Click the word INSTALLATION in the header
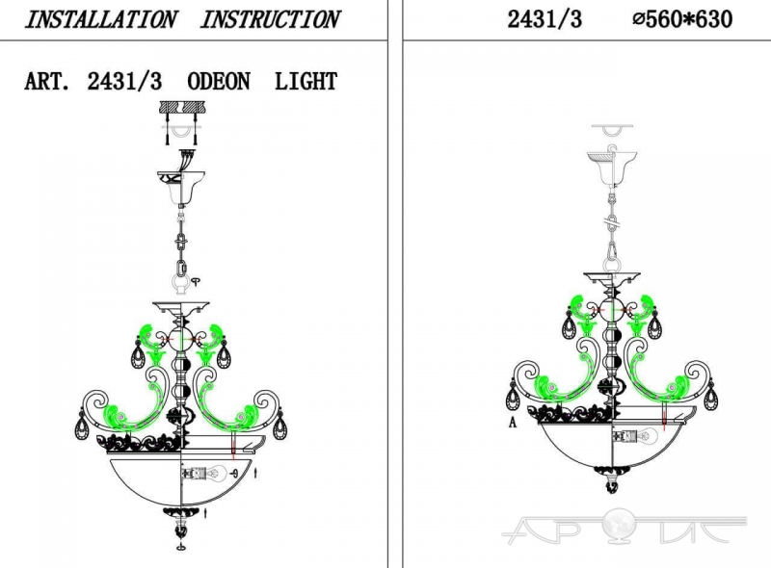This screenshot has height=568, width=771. coord(100,20)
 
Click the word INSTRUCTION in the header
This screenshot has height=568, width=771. coord(270,20)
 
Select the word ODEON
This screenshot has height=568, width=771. coord(219,82)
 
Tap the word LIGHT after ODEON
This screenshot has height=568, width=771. coord(306,82)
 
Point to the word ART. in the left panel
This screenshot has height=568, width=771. coord(47,82)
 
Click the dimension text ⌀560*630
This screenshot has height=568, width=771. coord(682,19)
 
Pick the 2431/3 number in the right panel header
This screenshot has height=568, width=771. coord(545,19)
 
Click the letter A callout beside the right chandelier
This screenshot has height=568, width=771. coord(513,422)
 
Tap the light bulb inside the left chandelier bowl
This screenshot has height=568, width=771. coord(204,473)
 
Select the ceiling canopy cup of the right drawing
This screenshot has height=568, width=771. coord(612,168)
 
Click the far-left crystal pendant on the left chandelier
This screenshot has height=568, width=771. coord(83,426)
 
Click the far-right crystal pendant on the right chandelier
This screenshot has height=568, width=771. coord(710,396)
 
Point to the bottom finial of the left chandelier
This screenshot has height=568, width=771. coord(181,525)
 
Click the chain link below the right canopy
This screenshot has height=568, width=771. coord(612,222)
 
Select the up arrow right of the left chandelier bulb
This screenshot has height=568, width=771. coord(255,473)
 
